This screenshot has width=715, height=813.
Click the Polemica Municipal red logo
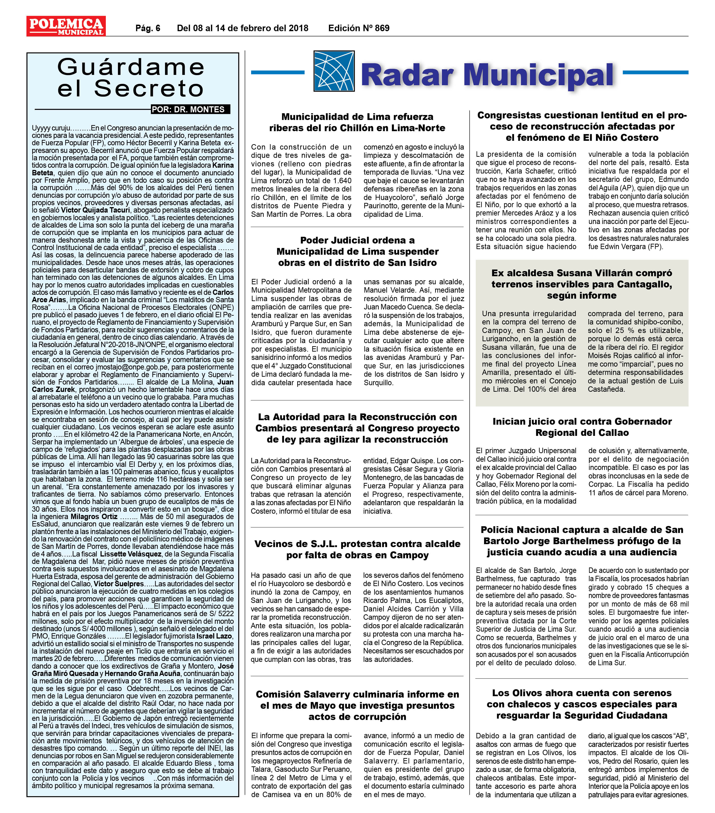pyautogui.click(x=66, y=26)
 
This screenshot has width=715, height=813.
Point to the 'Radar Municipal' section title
pyautogui.click(x=487, y=75)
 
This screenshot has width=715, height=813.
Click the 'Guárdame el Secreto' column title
pyautogui.click(x=131, y=78)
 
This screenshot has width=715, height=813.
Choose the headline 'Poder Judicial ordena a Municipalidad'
pyautogui.click(x=357, y=251)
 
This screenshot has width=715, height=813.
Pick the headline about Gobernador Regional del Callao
pyautogui.click(x=582, y=427)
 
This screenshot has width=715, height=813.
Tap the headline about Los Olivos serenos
pyautogui.click(x=582, y=704)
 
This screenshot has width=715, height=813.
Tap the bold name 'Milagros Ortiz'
pyautogui.click(x=94, y=517)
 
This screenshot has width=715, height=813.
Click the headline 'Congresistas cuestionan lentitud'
pyautogui.click(x=582, y=126)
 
